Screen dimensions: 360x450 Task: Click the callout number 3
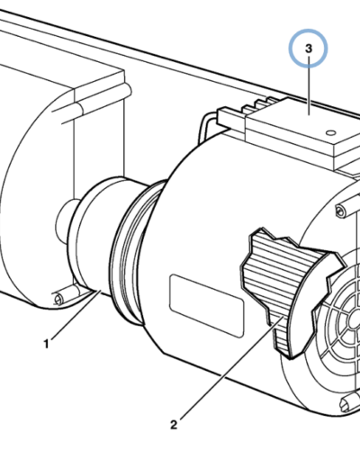tap(309, 49)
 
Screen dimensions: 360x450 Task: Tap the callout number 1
tap(46, 344)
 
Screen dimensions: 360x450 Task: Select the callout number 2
tap(174, 425)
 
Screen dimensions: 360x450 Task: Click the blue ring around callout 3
tap(308, 30)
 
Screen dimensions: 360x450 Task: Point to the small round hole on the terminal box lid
tap(330, 132)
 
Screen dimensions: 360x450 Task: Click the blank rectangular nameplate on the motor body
tap(207, 306)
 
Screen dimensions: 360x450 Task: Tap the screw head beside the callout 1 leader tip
tap(58, 300)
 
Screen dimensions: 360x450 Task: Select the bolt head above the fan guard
tap(340, 210)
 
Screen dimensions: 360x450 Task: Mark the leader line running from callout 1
tap(76, 314)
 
